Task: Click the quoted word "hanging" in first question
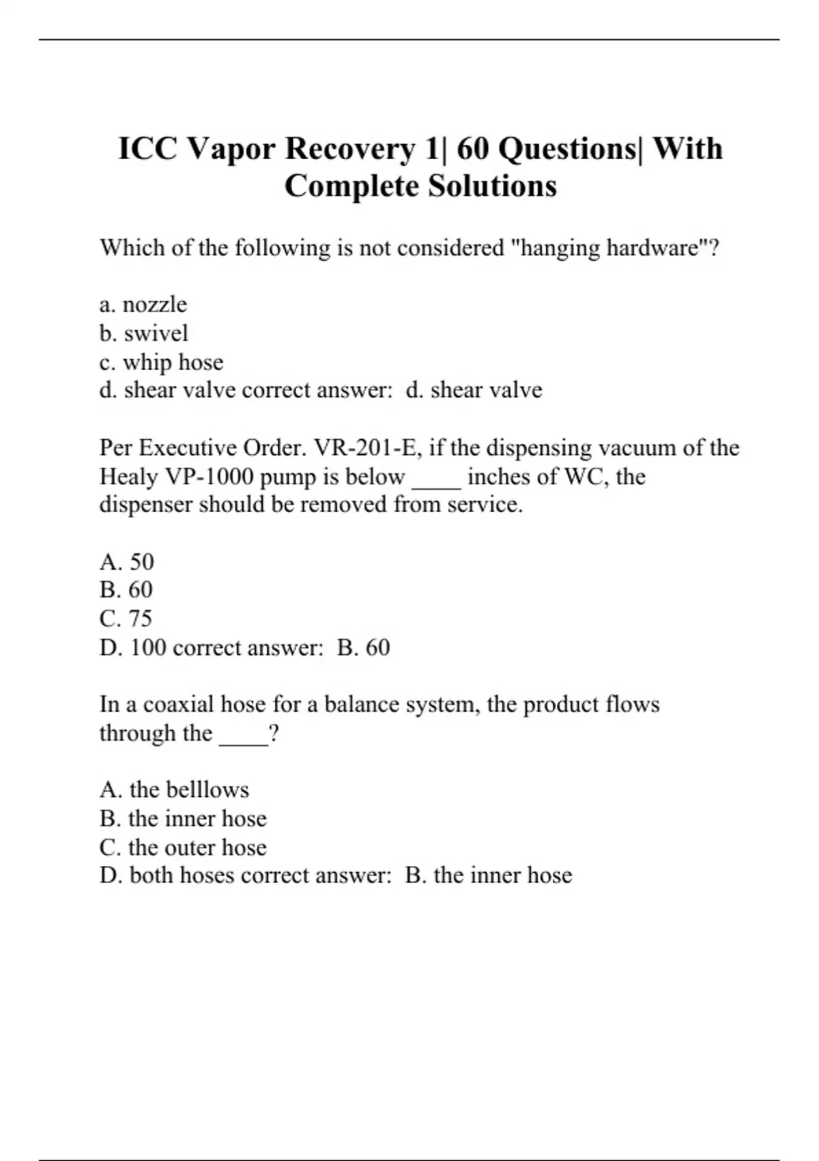pos(556,248)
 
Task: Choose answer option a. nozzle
pos(143,304)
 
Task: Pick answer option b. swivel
pos(143,333)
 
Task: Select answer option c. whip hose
pos(161,362)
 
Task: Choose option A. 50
pos(127,561)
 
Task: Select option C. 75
pos(126,618)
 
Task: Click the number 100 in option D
pos(148,647)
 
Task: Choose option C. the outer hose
pos(183,847)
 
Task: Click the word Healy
pos(128,477)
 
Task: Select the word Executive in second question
pos(188,448)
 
